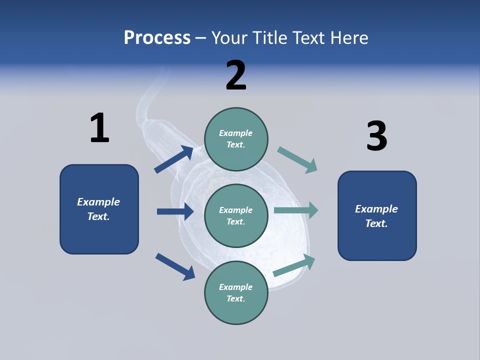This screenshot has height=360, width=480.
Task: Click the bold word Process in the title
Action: coord(157,38)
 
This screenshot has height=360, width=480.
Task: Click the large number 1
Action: coord(99,128)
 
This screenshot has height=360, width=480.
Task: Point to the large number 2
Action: coord(236,75)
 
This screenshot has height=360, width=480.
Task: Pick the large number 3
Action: coord(376,136)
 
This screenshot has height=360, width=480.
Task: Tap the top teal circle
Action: coord(236,138)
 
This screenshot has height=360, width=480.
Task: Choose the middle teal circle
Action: coord(236,215)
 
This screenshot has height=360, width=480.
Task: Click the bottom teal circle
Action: coord(236,292)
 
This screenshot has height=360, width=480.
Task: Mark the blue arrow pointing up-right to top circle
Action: coord(174,159)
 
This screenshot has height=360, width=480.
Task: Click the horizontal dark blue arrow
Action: coord(175,211)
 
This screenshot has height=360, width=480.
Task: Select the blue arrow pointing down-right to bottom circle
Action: coord(175,266)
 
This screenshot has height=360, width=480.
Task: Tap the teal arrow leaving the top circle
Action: coord(297,160)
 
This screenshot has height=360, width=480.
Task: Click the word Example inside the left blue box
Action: coord(98,202)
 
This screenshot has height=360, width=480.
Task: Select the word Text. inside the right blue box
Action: coord(376,223)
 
